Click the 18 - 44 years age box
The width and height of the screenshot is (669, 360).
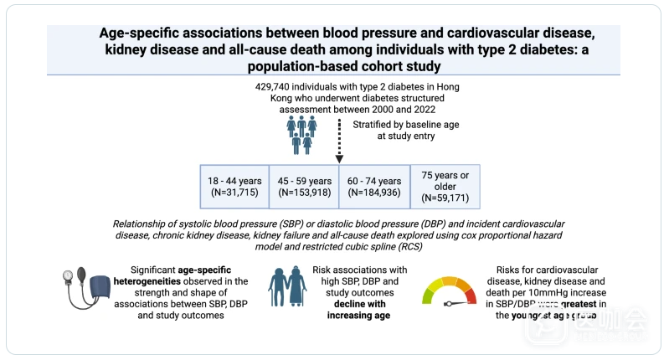[234, 186]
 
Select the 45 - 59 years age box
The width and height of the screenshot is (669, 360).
[304, 186]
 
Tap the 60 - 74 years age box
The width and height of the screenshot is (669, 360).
[373, 186]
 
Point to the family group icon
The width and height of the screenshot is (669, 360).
[301, 134]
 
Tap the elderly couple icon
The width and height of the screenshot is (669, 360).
[287, 287]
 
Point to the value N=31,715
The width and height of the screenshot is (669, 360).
[234, 193]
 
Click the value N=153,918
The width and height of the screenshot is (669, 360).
[304, 193]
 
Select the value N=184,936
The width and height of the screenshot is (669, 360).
[373, 193]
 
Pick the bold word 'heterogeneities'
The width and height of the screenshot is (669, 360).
[174, 282]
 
